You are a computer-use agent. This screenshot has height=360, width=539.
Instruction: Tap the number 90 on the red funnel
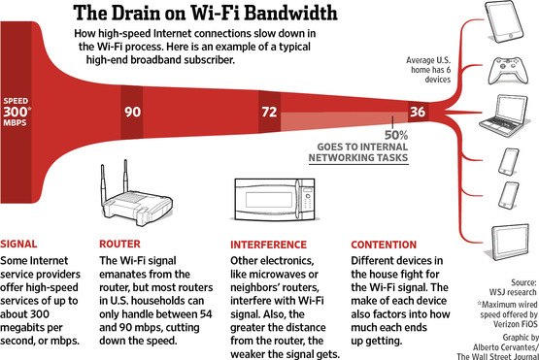133,112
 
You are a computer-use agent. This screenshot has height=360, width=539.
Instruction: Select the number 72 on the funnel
268,112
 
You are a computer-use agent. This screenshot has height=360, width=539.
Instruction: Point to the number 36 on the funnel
417,112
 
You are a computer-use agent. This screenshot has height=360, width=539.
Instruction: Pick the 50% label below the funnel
395,136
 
